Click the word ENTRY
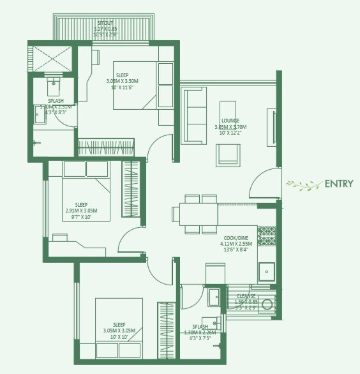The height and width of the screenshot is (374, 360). click(x=338, y=184)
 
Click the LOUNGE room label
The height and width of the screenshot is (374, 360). click(x=230, y=121)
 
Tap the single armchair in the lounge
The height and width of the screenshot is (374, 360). click(x=229, y=156)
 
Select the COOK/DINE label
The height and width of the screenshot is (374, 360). click(x=235, y=237)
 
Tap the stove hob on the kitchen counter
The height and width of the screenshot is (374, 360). click(x=267, y=236)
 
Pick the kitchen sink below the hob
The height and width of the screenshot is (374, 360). click(x=267, y=272)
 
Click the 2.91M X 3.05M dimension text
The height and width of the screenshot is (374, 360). click(x=81, y=211)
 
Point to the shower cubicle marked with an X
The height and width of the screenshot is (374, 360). click(x=51, y=59)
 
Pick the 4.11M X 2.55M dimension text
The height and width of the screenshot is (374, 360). click(x=235, y=244)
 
